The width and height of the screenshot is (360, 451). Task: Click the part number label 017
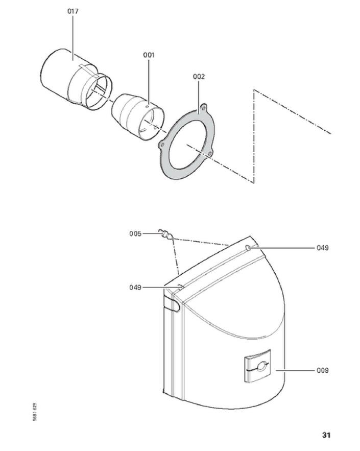(73, 11)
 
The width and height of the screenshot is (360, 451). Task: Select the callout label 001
(149, 55)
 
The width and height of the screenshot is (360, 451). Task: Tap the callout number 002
(199, 77)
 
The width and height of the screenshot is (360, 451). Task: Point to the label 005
(135, 233)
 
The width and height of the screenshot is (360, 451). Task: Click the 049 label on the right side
(322, 248)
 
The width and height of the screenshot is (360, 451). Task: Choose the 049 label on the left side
(135, 288)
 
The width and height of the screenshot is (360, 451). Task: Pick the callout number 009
(322, 370)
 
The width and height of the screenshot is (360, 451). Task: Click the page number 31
(326, 435)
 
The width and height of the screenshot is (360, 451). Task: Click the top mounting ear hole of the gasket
(204, 108)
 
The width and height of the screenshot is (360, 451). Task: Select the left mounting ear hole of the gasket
(163, 144)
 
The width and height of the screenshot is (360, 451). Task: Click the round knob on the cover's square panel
(261, 366)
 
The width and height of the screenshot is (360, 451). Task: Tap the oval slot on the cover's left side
(172, 305)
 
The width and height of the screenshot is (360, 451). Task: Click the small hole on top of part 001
(147, 107)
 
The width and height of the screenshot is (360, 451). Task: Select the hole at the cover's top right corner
(248, 247)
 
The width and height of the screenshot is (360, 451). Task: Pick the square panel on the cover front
(258, 366)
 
